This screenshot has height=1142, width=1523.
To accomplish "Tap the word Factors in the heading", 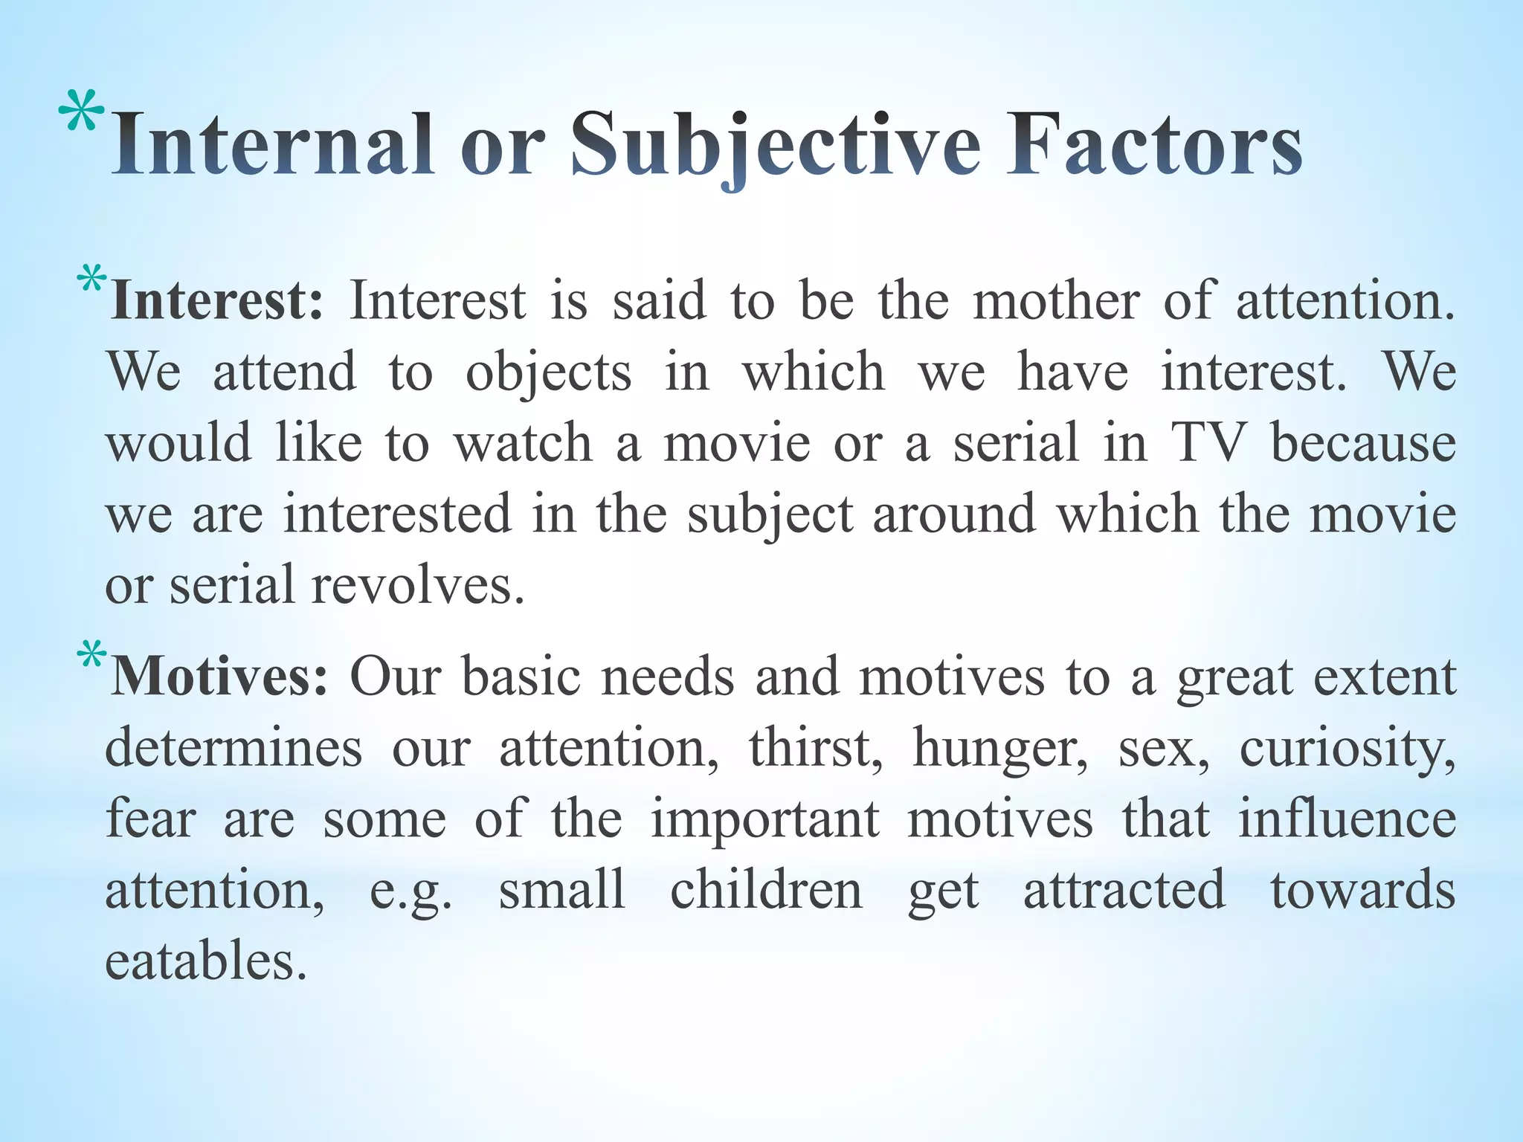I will click(x=1153, y=145).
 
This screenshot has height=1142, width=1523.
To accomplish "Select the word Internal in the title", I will click(x=272, y=145).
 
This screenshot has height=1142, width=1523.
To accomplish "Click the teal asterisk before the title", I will click(x=81, y=114).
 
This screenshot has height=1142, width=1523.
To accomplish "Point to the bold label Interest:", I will click(x=216, y=301).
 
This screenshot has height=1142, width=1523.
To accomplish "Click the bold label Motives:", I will click(x=219, y=677).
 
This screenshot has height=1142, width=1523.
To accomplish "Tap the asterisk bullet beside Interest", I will click(x=91, y=283).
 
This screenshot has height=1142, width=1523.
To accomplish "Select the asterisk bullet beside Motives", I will click(x=91, y=658).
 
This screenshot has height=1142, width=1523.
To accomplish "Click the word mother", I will click(x=1056, y=301).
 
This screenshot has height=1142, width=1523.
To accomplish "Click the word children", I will click(x=766, y=890).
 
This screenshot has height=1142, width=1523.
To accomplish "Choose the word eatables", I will click(x=206, y=961).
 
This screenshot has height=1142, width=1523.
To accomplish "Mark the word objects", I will click(x=548, y=372).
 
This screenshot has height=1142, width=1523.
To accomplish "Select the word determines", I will click(x=234, y=748).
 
